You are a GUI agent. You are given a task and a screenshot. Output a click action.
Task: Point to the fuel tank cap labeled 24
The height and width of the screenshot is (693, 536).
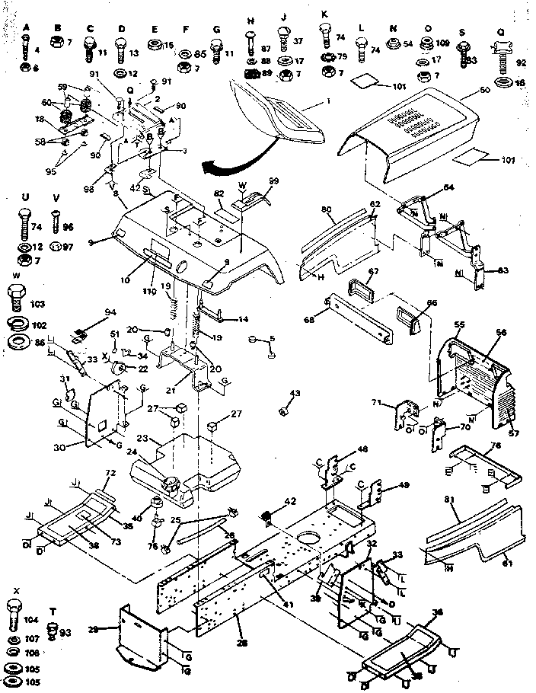click(x=170, y=481)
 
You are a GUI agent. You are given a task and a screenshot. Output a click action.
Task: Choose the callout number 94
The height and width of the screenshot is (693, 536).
click(x=111, y=312)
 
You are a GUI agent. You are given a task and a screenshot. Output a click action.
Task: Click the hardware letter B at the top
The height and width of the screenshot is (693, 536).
click(x=57, y=27)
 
